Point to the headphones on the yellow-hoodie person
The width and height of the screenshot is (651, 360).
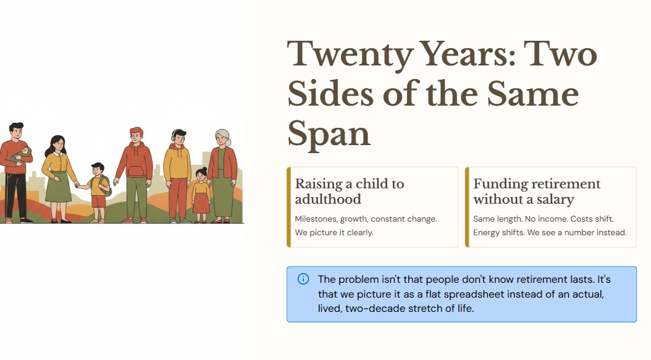(x=174, y=135)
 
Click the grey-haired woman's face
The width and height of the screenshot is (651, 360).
(x=222, y=139)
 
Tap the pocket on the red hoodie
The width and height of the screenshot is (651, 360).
(x=136, y=172)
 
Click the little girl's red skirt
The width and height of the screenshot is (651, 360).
(x=201, y=203)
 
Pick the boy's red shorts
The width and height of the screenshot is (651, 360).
(x=98, y=201)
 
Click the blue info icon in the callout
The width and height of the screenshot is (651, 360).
(x=303, y=279)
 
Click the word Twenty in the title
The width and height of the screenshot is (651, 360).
(x=350, y=54)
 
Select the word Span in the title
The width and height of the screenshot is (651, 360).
(x=329, y=134)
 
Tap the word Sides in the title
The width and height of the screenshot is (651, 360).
(x=330, y=94)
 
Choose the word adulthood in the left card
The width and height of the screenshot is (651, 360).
(x=328, y=199)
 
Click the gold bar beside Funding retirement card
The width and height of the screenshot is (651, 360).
(x=467, y=207)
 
